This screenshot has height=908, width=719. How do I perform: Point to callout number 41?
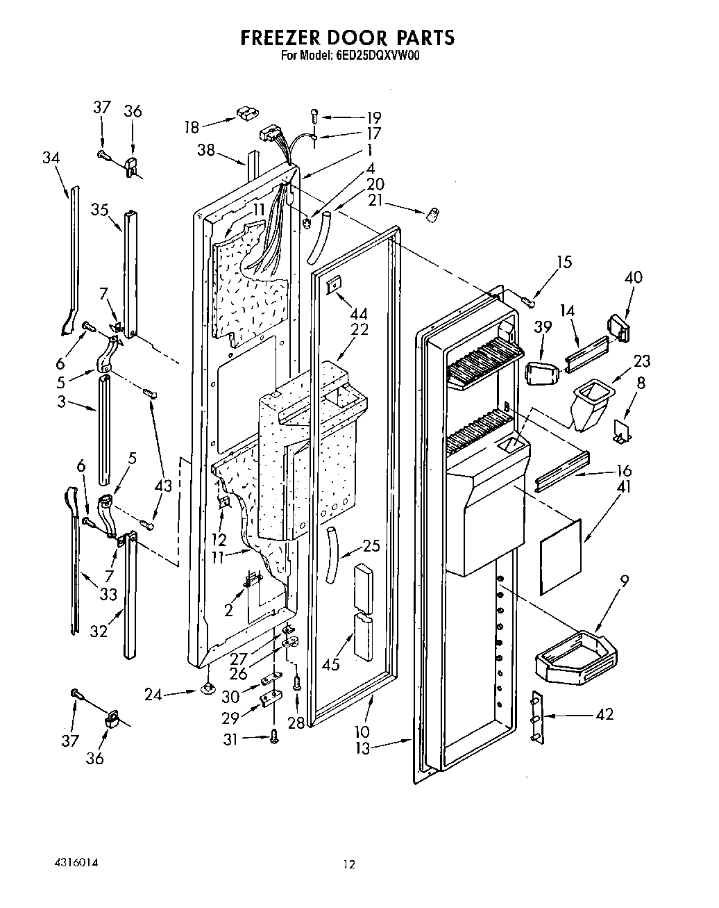point(623,487)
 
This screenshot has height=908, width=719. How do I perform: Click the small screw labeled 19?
point(314,117)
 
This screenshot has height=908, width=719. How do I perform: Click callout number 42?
point(605,713)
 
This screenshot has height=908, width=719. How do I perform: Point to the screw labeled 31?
point(273,739)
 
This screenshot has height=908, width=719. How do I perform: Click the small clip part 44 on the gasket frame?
point(335,284)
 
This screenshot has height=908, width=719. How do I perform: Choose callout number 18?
point(192,126)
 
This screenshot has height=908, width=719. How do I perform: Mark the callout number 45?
point(331,664)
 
